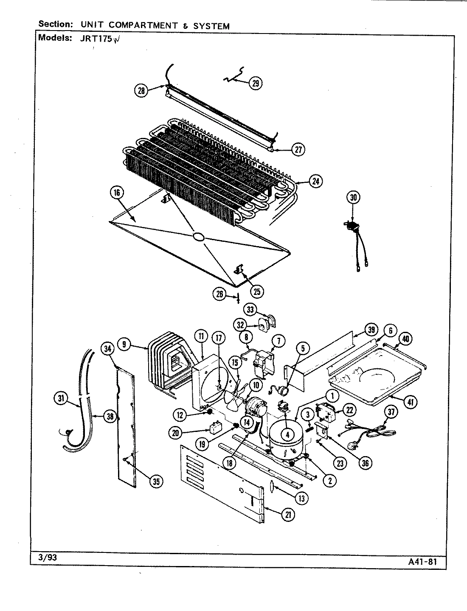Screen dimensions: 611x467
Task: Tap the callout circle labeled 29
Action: [x=255, y=83]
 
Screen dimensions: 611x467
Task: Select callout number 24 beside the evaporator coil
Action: [x=315, y=182]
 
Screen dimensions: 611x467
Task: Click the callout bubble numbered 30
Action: [x=353, y=197]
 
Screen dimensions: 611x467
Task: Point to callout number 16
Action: [x=117, y=193]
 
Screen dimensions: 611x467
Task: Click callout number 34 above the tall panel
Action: [x=108, y=349]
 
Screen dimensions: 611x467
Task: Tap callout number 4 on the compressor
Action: [x=287, y=434]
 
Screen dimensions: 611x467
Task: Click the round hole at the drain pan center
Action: [x=198, y=238]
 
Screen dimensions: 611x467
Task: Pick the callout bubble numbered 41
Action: [x=410, y=402]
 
